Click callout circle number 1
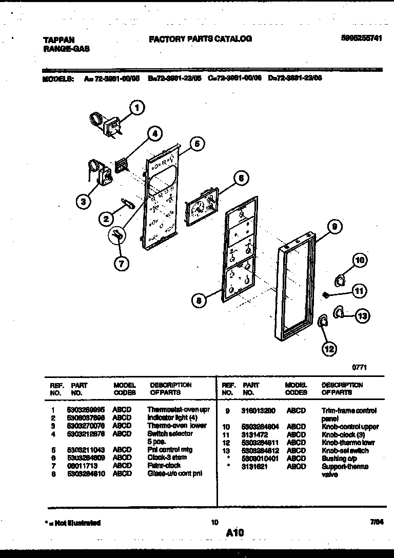[136, 108]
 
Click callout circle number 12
[329, 349]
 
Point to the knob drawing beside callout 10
[340, 279]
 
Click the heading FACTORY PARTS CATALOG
[200, 38]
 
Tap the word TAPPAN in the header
[57, 39]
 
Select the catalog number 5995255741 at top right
[361, 38]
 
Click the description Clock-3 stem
[167, 457]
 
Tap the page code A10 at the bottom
[234, 533]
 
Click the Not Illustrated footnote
[72, 523]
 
